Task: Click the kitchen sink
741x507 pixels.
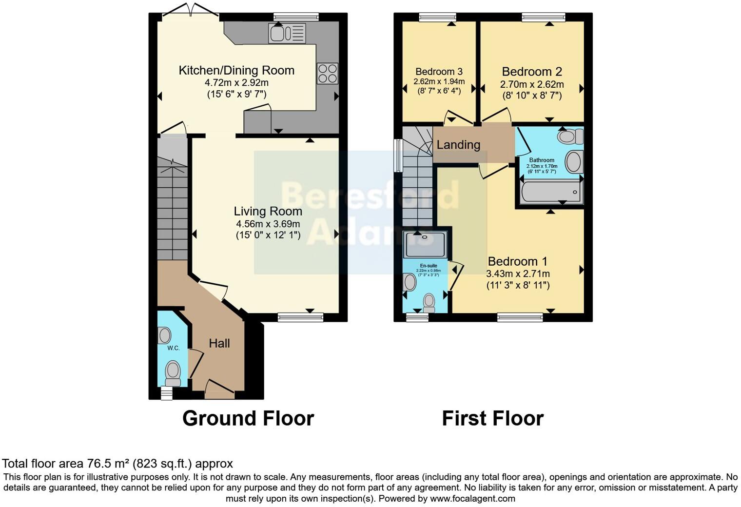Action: pos(287,33)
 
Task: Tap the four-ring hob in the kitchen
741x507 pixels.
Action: pos(327,74)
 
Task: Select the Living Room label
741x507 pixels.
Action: pos(268,211)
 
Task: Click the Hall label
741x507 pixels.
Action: pos(219,343)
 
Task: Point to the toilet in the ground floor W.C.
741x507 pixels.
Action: pos(173,372)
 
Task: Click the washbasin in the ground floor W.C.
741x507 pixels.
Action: pos(164,335)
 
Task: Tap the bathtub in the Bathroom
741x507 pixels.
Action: pos(551,192)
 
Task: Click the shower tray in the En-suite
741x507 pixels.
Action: pos(425,244)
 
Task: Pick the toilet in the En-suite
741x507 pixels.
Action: pos(429,302)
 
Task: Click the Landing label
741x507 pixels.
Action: pos(458,145)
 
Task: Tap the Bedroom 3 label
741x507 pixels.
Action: pos(439,72)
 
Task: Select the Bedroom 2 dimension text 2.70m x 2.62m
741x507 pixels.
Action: pos(532,84)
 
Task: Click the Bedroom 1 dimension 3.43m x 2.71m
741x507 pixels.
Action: pos(518,273)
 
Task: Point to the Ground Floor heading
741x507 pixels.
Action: pos(248,418)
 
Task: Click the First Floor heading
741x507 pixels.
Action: pos(492,418)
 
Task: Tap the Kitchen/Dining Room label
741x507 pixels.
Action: pos(236,70)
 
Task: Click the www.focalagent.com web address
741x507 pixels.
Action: pos(472,499)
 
